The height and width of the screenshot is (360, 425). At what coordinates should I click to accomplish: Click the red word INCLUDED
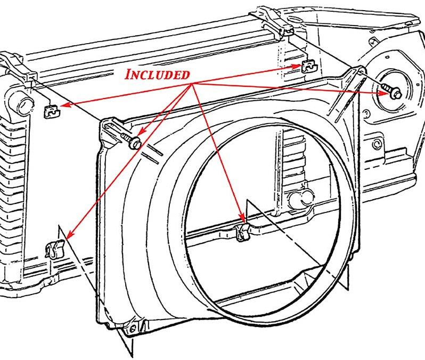157,75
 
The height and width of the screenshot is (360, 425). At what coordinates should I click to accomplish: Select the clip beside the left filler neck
51,110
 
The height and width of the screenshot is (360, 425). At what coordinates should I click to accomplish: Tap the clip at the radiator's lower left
55,248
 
